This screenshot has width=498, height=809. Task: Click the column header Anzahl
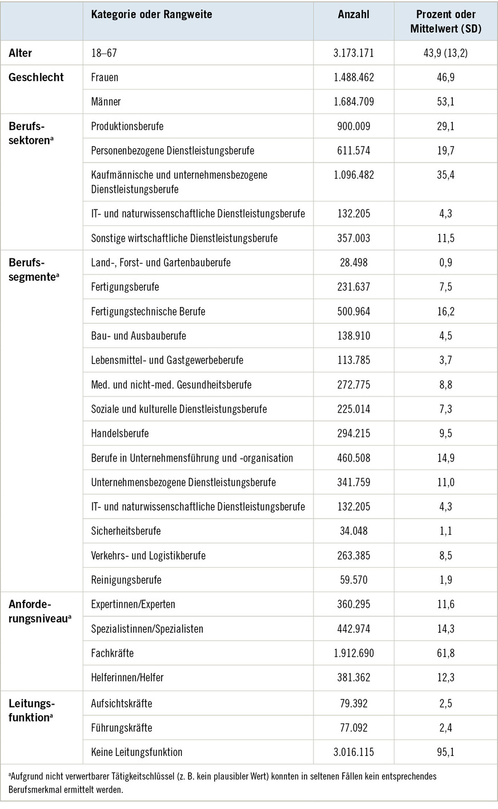(354, 14)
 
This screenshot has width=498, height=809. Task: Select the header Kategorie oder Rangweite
(151, 14)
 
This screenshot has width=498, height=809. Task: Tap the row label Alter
(21, 53)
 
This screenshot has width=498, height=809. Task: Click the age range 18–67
(104, 53)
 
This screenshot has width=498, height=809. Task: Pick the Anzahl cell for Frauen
(354, 77)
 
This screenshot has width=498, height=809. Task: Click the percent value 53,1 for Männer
(445, 102)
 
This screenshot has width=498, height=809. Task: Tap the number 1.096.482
(354, 175)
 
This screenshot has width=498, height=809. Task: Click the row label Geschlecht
(36, 77)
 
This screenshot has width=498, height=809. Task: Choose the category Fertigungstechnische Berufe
(148, 312)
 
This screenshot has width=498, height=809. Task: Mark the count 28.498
(354, 262)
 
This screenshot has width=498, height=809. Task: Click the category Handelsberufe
(120, 434)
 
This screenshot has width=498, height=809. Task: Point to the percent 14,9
(445, 458)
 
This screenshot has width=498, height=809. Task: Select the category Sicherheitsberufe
(126, 531)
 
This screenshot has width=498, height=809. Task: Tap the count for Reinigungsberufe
(354, 580)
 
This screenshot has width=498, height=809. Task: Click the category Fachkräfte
(113, 653)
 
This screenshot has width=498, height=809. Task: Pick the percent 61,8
(445, 653)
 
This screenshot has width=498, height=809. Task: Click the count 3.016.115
(354, 752)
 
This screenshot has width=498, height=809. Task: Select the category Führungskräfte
(122, 728)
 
